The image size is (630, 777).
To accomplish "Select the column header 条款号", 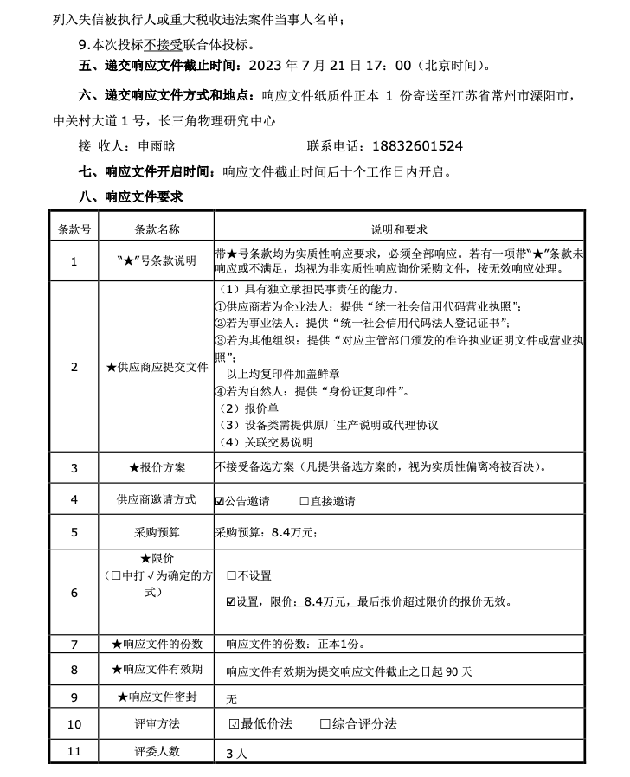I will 74,229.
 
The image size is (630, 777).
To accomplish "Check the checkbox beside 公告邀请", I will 220,501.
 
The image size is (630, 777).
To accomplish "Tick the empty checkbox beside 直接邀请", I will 305,501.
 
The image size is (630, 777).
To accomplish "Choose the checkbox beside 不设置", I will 232,575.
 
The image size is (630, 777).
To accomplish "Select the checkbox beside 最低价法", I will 234,723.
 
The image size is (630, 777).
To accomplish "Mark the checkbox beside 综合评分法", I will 325,723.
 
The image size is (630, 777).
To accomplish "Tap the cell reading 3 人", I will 236,753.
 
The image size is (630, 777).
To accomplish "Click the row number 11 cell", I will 74,751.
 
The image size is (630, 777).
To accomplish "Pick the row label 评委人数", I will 157,751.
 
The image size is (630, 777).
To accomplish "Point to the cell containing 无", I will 231,698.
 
